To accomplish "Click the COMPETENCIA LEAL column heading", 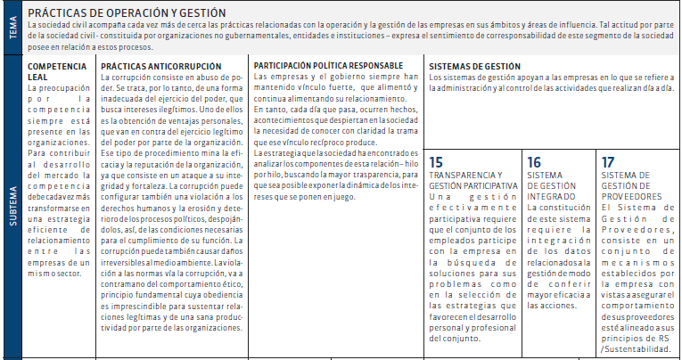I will coord(57,71).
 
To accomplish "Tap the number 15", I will coord(436,162).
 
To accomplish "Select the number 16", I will coord(534,162).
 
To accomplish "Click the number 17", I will coord(608,162).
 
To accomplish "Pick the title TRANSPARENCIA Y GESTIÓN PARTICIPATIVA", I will coord(472,179).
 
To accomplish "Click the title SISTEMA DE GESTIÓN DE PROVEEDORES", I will coord(631,185).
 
